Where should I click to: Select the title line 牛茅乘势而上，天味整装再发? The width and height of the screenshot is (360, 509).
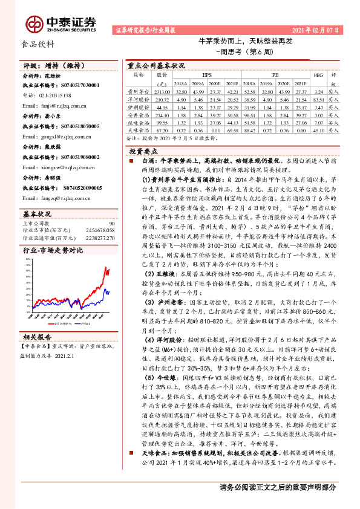pos(246,42)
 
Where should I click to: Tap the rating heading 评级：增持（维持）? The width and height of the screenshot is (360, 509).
pos(45,65)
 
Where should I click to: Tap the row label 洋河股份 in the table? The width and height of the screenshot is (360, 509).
pos(139,98)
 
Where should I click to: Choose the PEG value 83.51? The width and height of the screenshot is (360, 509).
pos(318,98)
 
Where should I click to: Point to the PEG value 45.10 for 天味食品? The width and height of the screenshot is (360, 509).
pos(318,129)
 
